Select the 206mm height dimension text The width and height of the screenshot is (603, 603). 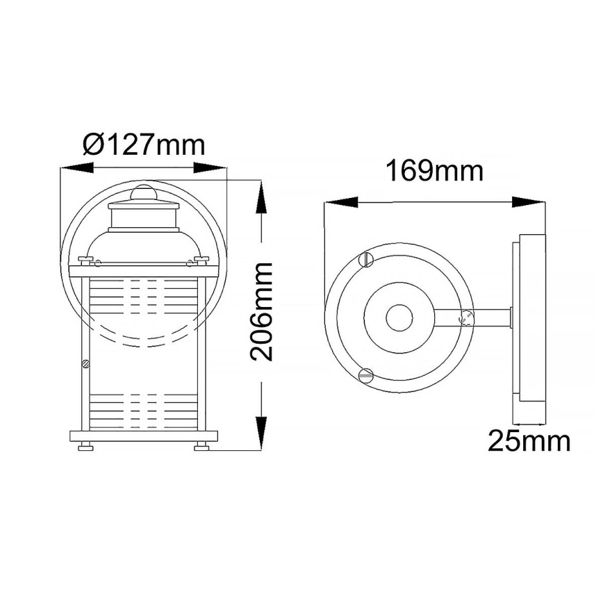coord(261,312)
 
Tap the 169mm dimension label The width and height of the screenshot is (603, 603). coord(435,171)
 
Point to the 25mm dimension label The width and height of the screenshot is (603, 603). coord(529,441)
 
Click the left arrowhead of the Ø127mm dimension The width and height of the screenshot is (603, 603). coord(76,168)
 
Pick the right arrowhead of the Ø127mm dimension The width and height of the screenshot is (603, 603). coord(212,168)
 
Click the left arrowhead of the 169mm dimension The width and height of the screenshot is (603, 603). coord(340,202)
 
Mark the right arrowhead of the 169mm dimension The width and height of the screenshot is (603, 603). coord(529,202)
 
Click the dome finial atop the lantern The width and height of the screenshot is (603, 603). coord(144,192)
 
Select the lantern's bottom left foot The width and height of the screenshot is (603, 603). coord(85,447)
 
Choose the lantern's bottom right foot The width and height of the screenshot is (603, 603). coord(202,447)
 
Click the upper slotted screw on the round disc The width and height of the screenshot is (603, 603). coord(367,261)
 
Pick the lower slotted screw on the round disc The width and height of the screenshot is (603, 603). coord(367,376)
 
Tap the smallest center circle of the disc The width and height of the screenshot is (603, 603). coord(399,318)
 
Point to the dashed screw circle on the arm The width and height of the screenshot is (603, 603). coord(467,318)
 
